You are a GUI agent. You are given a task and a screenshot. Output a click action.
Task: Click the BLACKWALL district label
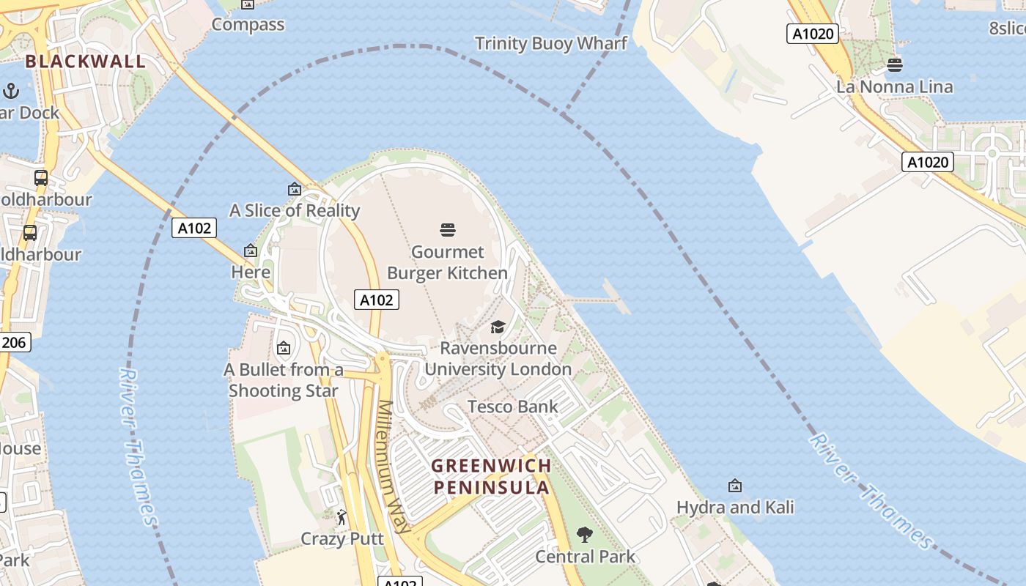click(86, 61)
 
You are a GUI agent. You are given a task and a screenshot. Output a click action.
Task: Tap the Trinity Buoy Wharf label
click(551, 43)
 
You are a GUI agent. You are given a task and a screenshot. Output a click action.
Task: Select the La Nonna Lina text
click(895, 87)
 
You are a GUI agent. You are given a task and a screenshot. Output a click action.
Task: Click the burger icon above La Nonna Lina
click(895, 64)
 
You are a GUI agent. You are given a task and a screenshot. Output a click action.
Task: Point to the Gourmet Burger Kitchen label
click(447, 262)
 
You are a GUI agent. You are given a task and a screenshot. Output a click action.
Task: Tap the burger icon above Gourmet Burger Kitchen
click(448, 230)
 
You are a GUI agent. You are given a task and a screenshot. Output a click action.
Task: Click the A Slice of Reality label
click(295, 211)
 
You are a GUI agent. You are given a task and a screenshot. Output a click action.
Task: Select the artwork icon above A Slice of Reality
click(295, 189)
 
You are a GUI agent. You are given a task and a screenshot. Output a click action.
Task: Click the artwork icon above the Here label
click(251, 251)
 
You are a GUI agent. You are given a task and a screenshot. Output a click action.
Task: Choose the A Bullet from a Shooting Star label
click(284, 380)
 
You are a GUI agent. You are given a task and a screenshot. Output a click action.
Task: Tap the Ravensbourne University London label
click(498, 358)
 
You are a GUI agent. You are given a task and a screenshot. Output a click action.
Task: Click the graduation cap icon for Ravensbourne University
click(498, 327)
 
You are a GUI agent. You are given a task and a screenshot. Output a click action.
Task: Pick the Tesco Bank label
click(512, 407)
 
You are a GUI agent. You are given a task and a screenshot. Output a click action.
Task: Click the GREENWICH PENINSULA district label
click(491, 476)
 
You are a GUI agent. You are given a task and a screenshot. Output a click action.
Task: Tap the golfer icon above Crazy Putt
click(342, 518)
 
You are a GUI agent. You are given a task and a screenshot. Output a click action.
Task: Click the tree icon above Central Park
click(585, 535)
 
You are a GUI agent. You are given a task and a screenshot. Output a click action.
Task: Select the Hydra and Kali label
click(735, 507)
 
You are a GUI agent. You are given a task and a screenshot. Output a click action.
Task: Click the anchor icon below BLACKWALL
click(11, 91)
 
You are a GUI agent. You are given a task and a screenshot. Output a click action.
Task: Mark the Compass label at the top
click(248, 24)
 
